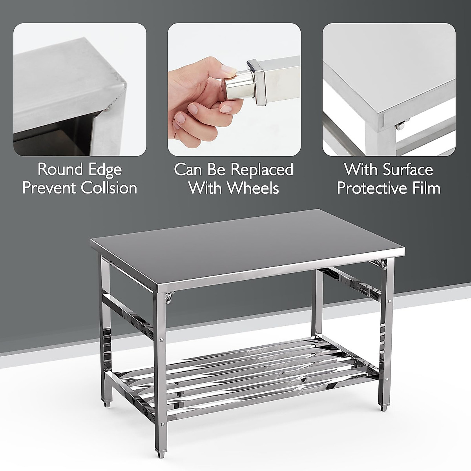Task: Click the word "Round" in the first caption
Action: tap(60, 170)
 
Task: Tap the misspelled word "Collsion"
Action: tap(109, 188)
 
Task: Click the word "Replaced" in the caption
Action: tap(261, 170)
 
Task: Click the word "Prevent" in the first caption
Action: tap(49, 188)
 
